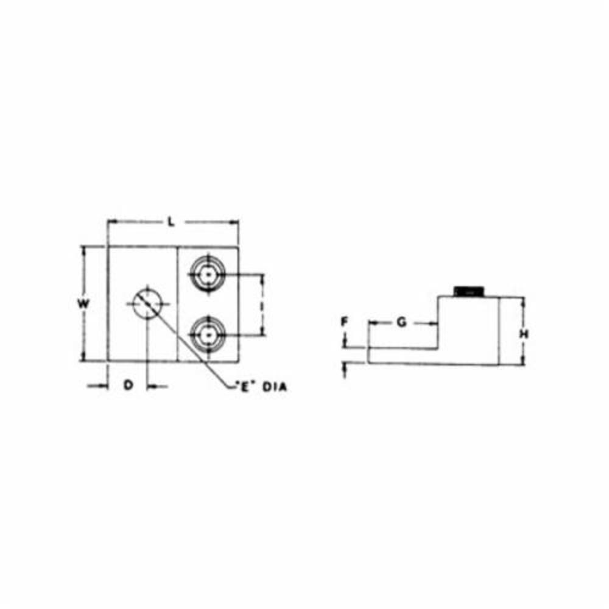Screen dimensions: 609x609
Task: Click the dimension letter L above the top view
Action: (172, 223)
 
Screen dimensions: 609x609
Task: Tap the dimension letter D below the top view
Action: (128, 385)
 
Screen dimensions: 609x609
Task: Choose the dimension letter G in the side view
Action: (401, 323)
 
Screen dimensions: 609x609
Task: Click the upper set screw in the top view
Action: (208, 275)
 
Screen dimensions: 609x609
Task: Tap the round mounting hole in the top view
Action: (147, 302)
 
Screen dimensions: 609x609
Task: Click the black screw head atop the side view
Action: (470, 291)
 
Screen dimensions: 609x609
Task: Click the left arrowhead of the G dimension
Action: (371, 323)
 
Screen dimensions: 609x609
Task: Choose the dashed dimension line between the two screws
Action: (263, 304)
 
